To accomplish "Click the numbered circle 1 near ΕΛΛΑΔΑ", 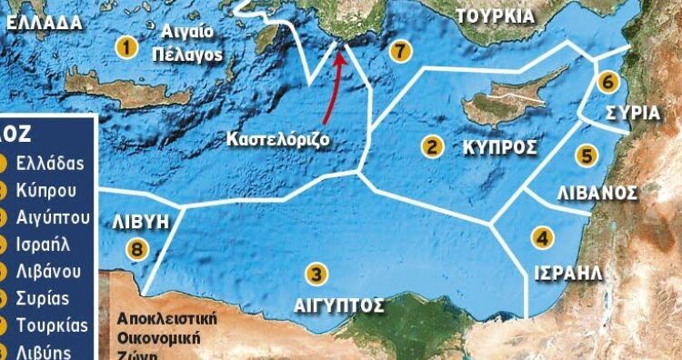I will (128, 45).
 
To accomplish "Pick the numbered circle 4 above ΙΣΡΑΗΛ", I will (543, 239).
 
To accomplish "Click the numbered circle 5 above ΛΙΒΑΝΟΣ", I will (587, 155).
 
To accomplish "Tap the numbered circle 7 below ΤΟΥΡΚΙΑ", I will (398, 51).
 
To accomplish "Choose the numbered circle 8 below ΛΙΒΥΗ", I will (136, 248).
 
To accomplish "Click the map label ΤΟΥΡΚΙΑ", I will (496, 15).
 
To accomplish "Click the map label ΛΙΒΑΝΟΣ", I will (595, 193).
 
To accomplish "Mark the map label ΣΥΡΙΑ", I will (633, 113).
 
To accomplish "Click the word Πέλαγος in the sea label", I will (195, 55).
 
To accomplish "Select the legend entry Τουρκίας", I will (55, 325).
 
